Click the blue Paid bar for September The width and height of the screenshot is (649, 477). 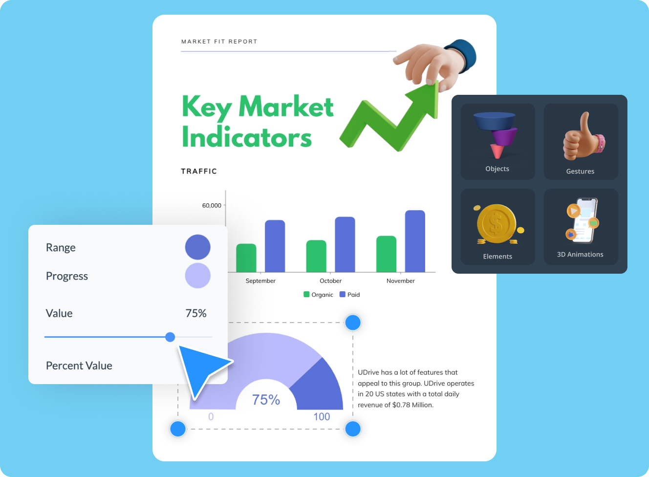pyautogui.click(x=275, y=246)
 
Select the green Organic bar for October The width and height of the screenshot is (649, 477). pyautogui.click(x=316, y=256)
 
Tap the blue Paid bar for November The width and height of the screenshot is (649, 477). pyautogui.click(x=415, y=241)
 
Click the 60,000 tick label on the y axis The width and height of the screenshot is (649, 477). pyautogui.click(x=212, y=205)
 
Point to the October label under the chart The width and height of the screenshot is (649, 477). pyautogui.click(x=330, y=281)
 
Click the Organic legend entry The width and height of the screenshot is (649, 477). pyautogui.click(x=318, y=294)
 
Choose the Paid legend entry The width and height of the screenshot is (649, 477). pyautogui.click(x=349, y=294)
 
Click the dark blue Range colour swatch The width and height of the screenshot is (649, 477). pyautogui.click(x=197, y=247)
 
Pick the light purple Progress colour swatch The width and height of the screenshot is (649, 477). pyautogui.click(x=197, y=275)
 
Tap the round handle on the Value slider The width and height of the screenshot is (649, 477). pyautogui.click(x=170, y=337)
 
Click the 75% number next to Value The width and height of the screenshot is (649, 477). pyautogui.click(x=196, y=313)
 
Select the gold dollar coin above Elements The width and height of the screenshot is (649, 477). pyautogui.click(x=497, y=224)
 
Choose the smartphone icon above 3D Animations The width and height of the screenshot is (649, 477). pyautogui.click(x=583, y=220)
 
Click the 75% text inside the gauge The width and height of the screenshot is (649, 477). pyautogui.click(x=266, y=400)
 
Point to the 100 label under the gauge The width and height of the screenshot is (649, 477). pyautogui.click(x=322, y=417)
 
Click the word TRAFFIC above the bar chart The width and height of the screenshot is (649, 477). pyautogui.click(x=199, y=171)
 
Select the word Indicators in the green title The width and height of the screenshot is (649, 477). pyautogui.click(x=247, y=137)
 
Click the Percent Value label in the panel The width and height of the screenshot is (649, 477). pyautogui.click(x=79, y=366)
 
